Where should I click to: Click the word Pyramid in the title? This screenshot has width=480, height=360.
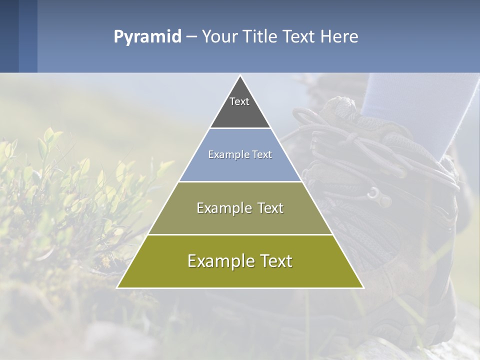coord(147,36)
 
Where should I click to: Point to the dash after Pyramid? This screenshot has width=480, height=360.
coord(191,37)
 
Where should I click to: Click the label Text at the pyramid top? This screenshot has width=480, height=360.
coord(239,101)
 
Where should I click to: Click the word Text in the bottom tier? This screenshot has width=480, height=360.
coord(272,261)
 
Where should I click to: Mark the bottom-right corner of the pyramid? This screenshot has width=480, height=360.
coord(363,287)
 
